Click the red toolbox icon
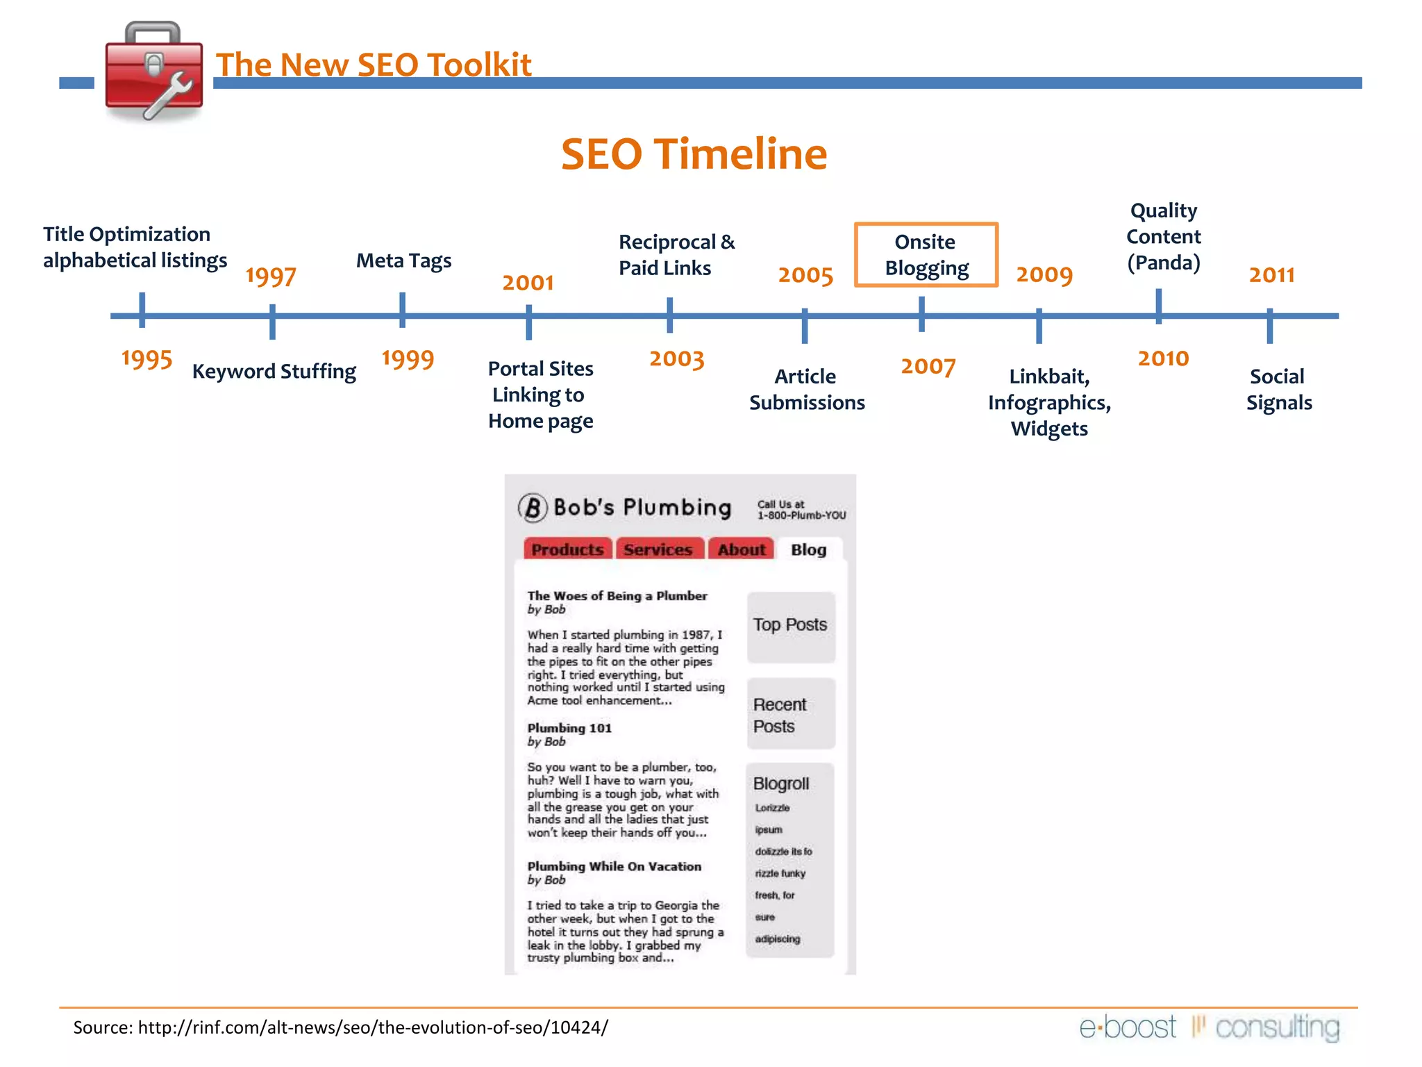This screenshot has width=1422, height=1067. click(154, 72)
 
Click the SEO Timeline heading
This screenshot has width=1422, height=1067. click(694, 154)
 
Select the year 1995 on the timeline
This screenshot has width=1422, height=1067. click(147, 359)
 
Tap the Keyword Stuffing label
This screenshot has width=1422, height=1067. click(274, 372)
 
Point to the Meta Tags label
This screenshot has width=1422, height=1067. click(403, 260)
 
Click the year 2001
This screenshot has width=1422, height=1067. click(528, 283)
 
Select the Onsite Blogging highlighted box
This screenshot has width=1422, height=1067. click(926, 255)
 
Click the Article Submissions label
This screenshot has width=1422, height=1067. click(806, 389)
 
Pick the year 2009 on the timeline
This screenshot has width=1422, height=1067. click(1044, 275)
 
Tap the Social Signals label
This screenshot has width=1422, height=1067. click(1278, 389)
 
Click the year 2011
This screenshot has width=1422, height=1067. click(1271, 275)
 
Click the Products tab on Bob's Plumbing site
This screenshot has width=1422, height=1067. click(567, 549)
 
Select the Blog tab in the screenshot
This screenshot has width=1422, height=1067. click(808, 549)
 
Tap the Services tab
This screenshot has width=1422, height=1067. click(658, 549)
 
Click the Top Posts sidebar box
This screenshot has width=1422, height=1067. click(790, 625)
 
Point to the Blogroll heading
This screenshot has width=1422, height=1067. click(781, 784)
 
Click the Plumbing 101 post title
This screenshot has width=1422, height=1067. click(569, 728)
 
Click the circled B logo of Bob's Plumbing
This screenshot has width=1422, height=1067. click(533, 508)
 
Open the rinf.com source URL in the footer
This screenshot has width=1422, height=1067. click(373, 1027)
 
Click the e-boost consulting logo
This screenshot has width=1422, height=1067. click(1209, 1027)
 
